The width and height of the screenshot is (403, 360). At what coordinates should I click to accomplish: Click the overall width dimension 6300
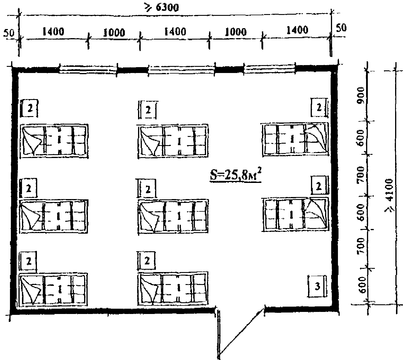[162, 8]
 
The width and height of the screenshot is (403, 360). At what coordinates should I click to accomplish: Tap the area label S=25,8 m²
[236, 174]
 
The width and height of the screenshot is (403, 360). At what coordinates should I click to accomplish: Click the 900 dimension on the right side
[361, 96]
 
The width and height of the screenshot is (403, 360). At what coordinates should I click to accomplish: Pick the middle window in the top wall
[181, 69]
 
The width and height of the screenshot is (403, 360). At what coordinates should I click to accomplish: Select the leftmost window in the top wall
[88, 69]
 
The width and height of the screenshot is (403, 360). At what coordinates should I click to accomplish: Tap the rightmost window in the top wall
[270, 68]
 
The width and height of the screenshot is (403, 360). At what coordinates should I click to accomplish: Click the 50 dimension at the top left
[9, 33]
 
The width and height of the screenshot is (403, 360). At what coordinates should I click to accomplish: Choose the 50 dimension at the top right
[341, 28]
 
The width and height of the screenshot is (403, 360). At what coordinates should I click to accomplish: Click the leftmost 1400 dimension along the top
[54, 32]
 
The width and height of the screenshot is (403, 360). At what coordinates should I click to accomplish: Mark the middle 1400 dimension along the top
[175, 32]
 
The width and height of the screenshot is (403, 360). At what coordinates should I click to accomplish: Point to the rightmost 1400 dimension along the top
[297, 30]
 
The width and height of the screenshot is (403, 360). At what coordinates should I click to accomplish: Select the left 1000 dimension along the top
[114, 33]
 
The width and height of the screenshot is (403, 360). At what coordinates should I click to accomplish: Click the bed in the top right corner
[295, 140]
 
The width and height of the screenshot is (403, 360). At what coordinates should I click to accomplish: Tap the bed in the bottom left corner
[53, 289]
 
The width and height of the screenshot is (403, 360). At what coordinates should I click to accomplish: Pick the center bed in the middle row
[173, 216]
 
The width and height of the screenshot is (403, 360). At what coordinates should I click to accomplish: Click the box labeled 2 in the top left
[29, 108]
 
